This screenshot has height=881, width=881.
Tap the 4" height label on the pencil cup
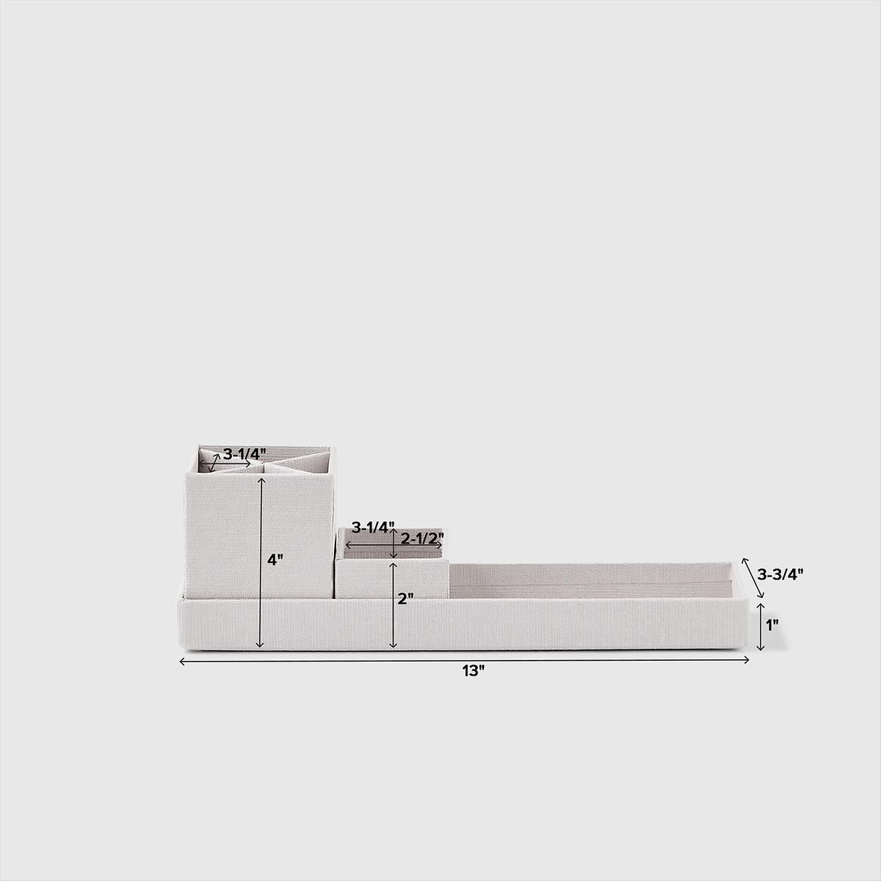tap(275, 559)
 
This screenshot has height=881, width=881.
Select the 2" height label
tap(405, 598)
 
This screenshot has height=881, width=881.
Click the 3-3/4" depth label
tap(780, 573)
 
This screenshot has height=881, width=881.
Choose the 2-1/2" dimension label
tap(423, 537)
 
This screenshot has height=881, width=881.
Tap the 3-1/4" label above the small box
tap(372, 526)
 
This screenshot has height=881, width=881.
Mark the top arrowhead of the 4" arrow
tap(260, 479)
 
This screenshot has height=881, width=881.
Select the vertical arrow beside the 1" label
tap(761, 626)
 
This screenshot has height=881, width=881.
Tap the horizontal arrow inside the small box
tap(395, 545)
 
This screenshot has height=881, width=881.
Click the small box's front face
tap(392, 579)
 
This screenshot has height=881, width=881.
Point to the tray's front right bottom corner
tap(750, 650)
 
